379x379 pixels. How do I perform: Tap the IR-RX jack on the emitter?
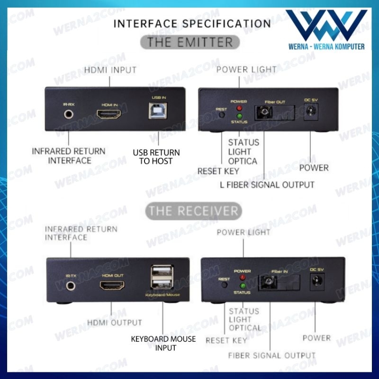click(x=69, y=114)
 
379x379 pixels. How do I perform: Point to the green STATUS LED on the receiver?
click(x=242, y=286)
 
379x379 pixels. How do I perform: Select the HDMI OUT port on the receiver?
click(x=112, y=286)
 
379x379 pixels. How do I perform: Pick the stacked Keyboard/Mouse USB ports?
click(x=158, y=279)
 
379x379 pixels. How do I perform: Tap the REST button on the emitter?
click(x=221, y=115)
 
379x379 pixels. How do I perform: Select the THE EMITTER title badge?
click(x=190, y=42)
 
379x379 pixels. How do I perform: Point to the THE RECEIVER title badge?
click(x=193, y=210)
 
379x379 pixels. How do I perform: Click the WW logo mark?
click(x=326, y=27)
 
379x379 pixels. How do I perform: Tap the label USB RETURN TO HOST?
click(x=156, y=157)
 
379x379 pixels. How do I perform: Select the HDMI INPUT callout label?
click(x=110, y=70)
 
